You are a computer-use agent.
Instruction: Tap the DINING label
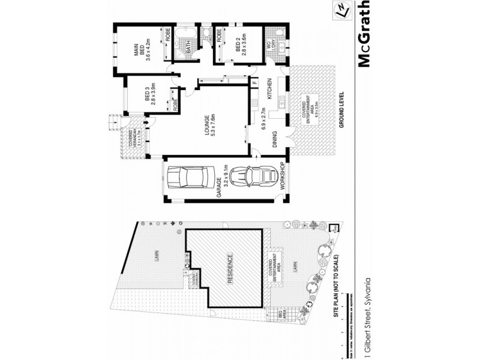pyautogui.click(x=274, y=139)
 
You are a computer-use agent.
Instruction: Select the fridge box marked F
pyautogui.click(x=254, y=82)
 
